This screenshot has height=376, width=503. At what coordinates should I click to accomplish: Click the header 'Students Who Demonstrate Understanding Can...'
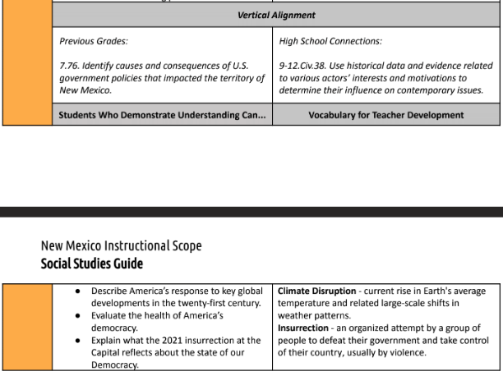tap(162, 115)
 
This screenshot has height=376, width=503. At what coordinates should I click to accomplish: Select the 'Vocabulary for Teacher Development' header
tap(385, 115)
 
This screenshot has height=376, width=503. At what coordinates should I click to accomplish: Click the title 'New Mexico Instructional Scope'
tap(121, 246)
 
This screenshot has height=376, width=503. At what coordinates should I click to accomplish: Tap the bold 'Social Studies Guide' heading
tap(91, 264)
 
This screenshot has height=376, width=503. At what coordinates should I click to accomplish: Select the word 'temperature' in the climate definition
tap(305, 303)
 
